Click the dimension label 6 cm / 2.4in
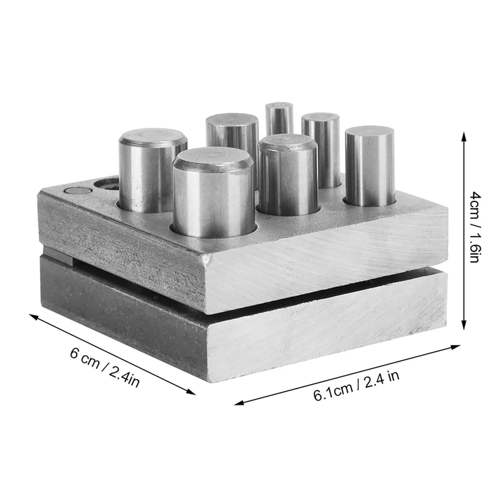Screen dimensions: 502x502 point(105,367)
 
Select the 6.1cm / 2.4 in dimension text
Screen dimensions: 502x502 point(356,385)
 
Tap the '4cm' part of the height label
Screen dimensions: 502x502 point(474,203)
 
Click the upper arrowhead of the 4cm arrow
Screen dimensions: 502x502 point(464,136)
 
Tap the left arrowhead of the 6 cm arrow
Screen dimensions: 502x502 point(34,316)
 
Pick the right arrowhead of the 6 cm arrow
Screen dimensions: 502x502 point(191,392)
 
